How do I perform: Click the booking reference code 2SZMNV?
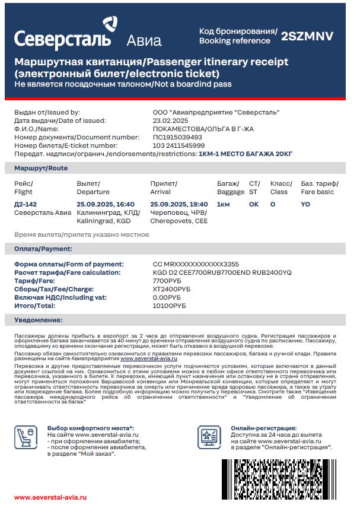pyautogui.click(x=307, y=36)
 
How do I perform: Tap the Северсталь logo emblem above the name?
pyautogui.click(x=110, y=24)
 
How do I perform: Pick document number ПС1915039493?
pyautogui.click(x=177, y=137)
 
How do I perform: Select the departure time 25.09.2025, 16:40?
pyautogui.click(x=106, y=204)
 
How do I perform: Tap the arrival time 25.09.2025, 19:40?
pyautogui.click(x=179, y=204)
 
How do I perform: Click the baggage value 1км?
pyautogui.click(x=224, y=204)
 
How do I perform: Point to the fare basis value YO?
pyautogui.click(x=305, y=204)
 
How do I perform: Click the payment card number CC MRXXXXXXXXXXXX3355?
pyautogui.click(x=196, y=264)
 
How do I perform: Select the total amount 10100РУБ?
pyautogui.click(x=169, y=306)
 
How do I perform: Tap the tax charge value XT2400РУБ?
pyautogui.click(x=171, y=289)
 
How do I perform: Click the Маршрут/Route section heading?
pyautogui.click(x=41, y=169)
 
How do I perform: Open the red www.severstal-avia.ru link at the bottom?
pyautogui.click(x=50, y=497)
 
